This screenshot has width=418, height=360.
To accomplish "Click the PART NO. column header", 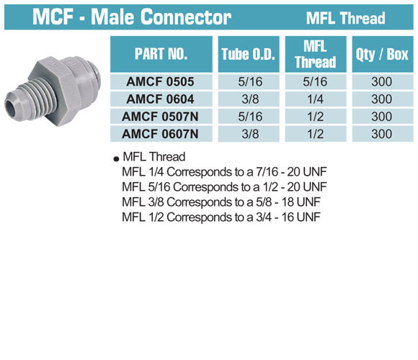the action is pos(161,54).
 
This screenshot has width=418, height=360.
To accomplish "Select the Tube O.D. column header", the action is pos(249,54).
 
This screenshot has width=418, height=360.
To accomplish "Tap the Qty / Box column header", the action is pos(382,54).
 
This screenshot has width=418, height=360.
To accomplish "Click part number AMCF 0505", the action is pos(160,81).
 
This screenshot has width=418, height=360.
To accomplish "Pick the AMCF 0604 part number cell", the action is pos(160,99).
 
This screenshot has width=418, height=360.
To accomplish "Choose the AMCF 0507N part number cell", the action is pos(160,117).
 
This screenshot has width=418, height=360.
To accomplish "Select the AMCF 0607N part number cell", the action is pos(160,134).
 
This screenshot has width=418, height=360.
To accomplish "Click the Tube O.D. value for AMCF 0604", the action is pos(250,99).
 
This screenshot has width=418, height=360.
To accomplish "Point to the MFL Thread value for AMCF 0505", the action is pos(315,81).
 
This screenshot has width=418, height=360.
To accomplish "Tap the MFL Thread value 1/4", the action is pos(316,99).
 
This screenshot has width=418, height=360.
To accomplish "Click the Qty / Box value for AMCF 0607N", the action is pos(382,134).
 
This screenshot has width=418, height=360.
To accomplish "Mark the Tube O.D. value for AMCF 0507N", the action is pos(250,117).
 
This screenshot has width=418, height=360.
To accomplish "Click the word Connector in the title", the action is pos(186,17).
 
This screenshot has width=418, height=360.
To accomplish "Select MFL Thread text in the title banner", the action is pos(345,18).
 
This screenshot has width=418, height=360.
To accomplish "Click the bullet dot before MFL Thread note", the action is pos(116,159).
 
